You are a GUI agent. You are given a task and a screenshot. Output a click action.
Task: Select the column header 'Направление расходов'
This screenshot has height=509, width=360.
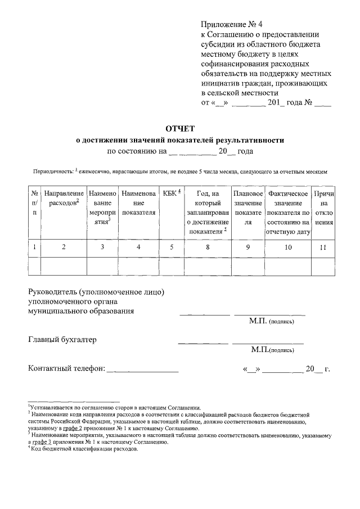[64, 198]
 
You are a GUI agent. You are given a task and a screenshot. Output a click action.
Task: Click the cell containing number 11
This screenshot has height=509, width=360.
[323, 246]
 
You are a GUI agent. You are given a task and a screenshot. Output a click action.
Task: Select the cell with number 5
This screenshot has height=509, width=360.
[171, 246]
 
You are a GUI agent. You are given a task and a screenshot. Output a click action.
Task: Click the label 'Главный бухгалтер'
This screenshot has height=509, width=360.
[62, 340]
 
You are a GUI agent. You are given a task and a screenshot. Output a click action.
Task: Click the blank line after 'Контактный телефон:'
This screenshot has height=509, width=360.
[142, 369]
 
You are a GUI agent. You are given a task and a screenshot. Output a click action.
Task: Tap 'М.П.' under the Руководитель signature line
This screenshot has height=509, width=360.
[258, 321]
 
